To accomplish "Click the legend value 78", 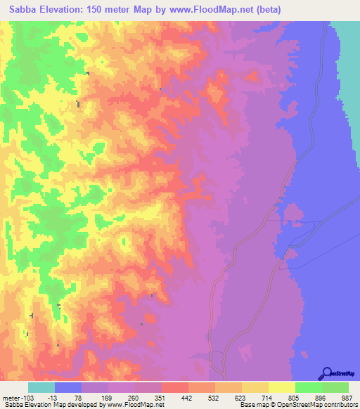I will click(x=68, y=397).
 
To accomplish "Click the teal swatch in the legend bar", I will click(x=41, y=387).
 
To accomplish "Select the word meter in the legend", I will click(x=13, y=397).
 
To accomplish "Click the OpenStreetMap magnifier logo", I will click(x=327, y=372).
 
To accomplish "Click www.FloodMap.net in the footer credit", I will click(x=135, y=405).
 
